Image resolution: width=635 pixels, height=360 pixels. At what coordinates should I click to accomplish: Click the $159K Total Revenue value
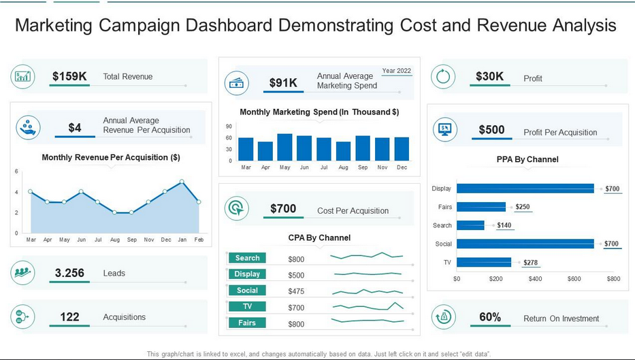pyautogui.click(x=69, y=76)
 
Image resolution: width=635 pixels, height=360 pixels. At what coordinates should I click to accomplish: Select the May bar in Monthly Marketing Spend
pyautogui.click(x=284, y=148)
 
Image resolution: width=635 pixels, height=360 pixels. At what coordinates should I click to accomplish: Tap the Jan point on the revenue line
pyautogui.click(x=182, y=182)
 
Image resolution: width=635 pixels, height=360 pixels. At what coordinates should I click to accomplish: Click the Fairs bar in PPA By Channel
pyautogui.click(x=481, y=207)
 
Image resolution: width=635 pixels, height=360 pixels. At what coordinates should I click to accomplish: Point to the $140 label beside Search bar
pyautogui.click(x=504, y=225)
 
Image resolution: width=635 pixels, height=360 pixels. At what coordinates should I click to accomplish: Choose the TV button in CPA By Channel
pyautogui.click(x=247, y=307)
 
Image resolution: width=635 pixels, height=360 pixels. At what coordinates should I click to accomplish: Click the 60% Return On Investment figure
pyautogui.click(x=490, y=317)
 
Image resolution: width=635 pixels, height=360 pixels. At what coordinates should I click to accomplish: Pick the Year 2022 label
pyautogui.click(x=396, y=71)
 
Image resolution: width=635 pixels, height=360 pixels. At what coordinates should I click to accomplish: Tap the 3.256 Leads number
pyautogui.click(x=69, y=273)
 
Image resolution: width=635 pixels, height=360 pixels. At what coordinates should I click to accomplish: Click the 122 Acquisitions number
pyautogui.click(x=69, y=317)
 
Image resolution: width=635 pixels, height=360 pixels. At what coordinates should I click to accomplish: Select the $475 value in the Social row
pyautogui.click(x=296, y=291)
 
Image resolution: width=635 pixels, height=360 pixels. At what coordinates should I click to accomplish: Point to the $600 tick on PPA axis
pyautogui.click(x=574, y=279)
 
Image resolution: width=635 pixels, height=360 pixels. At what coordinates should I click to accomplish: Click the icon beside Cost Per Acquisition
pyautogui.click(x=236, y=208)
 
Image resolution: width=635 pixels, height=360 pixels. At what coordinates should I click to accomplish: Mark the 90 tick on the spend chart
pyautogui.click(x=229, y=127)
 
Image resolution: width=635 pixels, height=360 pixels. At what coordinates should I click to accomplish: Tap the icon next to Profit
pyautogui.click(x=444, y=76)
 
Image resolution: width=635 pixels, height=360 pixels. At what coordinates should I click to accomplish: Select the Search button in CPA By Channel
pyautogui.click(x=247, y=258)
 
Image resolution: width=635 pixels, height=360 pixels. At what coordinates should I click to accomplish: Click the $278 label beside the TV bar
pyautogui.click(x=532, y=262)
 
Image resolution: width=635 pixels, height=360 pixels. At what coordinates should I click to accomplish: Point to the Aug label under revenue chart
pyautogui.click(x=115, y=240)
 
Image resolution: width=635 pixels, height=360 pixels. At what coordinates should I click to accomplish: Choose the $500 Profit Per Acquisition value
pyautogui.click(x=491, y=130)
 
